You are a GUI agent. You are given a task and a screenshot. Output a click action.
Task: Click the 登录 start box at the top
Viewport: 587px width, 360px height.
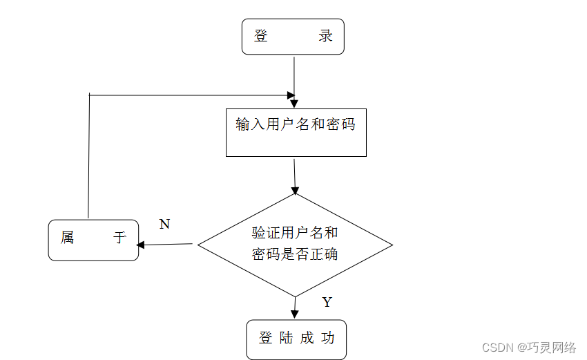(293, 37)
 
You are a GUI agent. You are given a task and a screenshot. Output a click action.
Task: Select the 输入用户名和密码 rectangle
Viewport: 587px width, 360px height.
(296, 132)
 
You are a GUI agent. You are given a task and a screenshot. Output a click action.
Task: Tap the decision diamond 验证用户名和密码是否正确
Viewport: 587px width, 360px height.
(295, 244)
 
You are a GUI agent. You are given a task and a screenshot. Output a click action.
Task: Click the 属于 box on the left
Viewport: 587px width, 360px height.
(93, 240)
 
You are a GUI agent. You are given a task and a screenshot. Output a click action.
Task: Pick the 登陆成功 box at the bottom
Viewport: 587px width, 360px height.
(296, 339)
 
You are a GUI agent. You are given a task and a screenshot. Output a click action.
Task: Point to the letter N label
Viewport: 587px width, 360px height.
(164, 224)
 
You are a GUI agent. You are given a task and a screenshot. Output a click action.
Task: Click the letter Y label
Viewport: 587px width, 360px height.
(327, 302)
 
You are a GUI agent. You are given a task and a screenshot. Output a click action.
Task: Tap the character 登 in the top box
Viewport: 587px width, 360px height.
(261, 37)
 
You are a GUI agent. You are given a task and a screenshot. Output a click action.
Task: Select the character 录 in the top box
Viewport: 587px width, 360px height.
(326, 37)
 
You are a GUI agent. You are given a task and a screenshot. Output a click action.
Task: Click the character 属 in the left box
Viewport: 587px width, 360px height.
(67, 238)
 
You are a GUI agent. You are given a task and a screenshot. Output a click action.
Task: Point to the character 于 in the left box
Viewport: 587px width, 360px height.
(120, 238)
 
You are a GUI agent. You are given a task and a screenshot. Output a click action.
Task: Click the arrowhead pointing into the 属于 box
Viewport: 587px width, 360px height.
(141, 245)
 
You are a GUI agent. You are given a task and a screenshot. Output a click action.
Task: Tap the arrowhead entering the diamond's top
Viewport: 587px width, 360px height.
(295, 190)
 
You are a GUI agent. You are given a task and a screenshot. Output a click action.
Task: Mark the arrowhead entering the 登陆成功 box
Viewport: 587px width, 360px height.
(295, 314)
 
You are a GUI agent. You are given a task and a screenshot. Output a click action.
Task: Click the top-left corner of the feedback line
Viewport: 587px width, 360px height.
(90, 95)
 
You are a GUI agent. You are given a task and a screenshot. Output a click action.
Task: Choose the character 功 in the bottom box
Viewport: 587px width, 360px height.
(328, 339)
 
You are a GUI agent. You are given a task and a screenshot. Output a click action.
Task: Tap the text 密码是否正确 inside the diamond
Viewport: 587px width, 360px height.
(295, 254)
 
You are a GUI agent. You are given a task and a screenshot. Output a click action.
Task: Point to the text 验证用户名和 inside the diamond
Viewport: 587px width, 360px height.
(295, 233)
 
